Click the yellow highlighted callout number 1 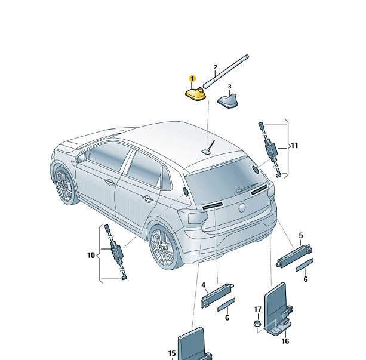[193, 79]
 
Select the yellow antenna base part [196, 94]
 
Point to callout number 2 [215, 67]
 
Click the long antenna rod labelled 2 [226, 72]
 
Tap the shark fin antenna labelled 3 [227, 101]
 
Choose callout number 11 [294, 146]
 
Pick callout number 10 [91, 255]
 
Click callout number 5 [301, 236]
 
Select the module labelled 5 [294, 256]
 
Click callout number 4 [204, 285]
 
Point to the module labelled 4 [217, 296]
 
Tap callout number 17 [258, 309]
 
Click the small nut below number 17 [257, 324]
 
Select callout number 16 [285, 341]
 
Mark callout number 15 [172, 353]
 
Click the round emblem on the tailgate [242, 208]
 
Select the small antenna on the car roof [209, 148]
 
